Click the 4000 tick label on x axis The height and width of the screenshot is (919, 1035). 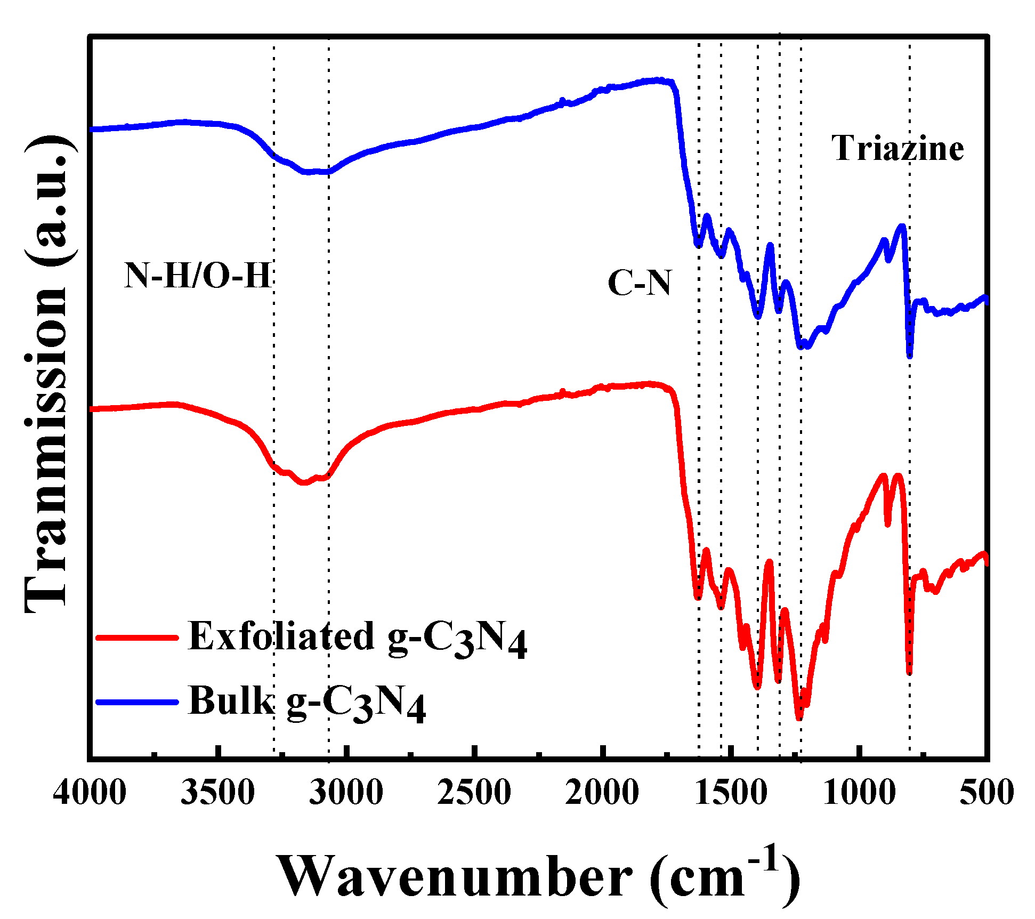point(90,792)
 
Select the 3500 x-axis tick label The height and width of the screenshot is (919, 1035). point(217,792)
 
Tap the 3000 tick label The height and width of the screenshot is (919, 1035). point(346,792)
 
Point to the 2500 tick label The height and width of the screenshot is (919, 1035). point(474,792)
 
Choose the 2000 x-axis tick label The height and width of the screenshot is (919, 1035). point(602,792)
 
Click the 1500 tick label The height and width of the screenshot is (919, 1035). point(731,792)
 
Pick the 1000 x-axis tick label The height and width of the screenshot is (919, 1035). point(859,792)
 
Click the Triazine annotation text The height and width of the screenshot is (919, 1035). point(897,148)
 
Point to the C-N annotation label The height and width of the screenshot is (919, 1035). point(639,283)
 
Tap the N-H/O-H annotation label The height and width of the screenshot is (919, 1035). point(198,276)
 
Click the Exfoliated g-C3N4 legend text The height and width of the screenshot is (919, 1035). point(357,638)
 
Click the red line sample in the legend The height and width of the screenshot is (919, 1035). point(136,637)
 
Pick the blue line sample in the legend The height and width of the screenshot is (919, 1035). point(136,702)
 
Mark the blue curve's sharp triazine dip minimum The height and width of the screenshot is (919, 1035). point(910,356)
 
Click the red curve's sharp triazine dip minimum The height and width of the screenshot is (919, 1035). point(909,673)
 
